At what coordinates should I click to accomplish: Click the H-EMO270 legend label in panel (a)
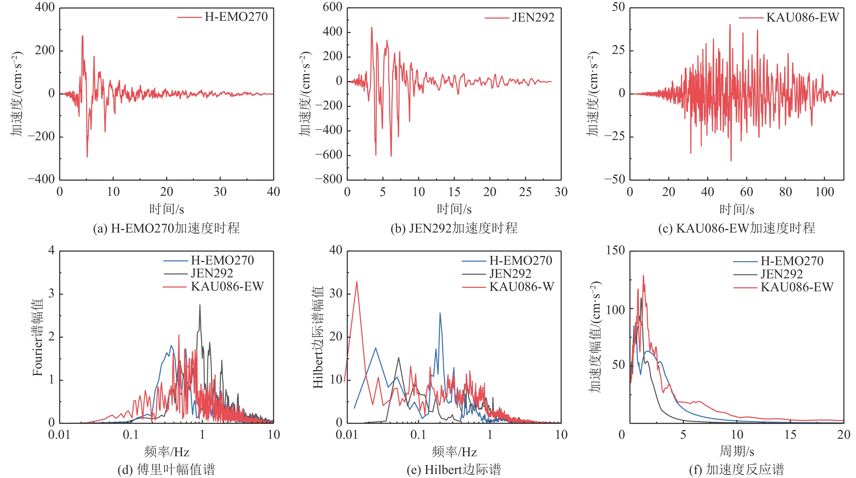coord(236,17)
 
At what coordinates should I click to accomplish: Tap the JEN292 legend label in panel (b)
coord(533,17)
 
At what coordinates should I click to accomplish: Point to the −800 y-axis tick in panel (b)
coord(328,179)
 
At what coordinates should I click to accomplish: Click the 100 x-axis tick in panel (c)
coord(825,192)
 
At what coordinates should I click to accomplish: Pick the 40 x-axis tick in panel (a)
coord(273,192)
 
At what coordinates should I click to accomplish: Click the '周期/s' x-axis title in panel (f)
coord(737,451)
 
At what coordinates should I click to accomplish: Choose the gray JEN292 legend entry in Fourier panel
coord(212,273)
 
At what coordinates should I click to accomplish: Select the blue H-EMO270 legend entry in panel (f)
coord(792,261)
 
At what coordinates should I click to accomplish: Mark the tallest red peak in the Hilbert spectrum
coord(357,282)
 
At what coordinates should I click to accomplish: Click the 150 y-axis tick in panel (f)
coord(616,250)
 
